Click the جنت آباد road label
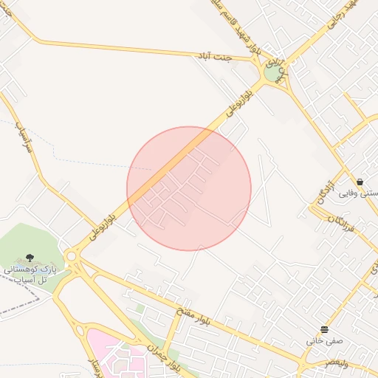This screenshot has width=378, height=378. coord(213,58)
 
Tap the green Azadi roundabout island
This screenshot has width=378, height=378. coord(274,73)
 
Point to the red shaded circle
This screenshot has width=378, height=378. coord(189,188)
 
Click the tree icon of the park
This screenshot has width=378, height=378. coord(30,258)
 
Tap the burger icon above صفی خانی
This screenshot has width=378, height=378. coord(325,329)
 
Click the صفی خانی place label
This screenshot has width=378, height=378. coord(325,342)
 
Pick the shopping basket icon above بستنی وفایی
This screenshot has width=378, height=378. coord(360,182)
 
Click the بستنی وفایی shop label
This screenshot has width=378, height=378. coord(359,193)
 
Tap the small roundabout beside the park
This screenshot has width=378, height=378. coord(72,256)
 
